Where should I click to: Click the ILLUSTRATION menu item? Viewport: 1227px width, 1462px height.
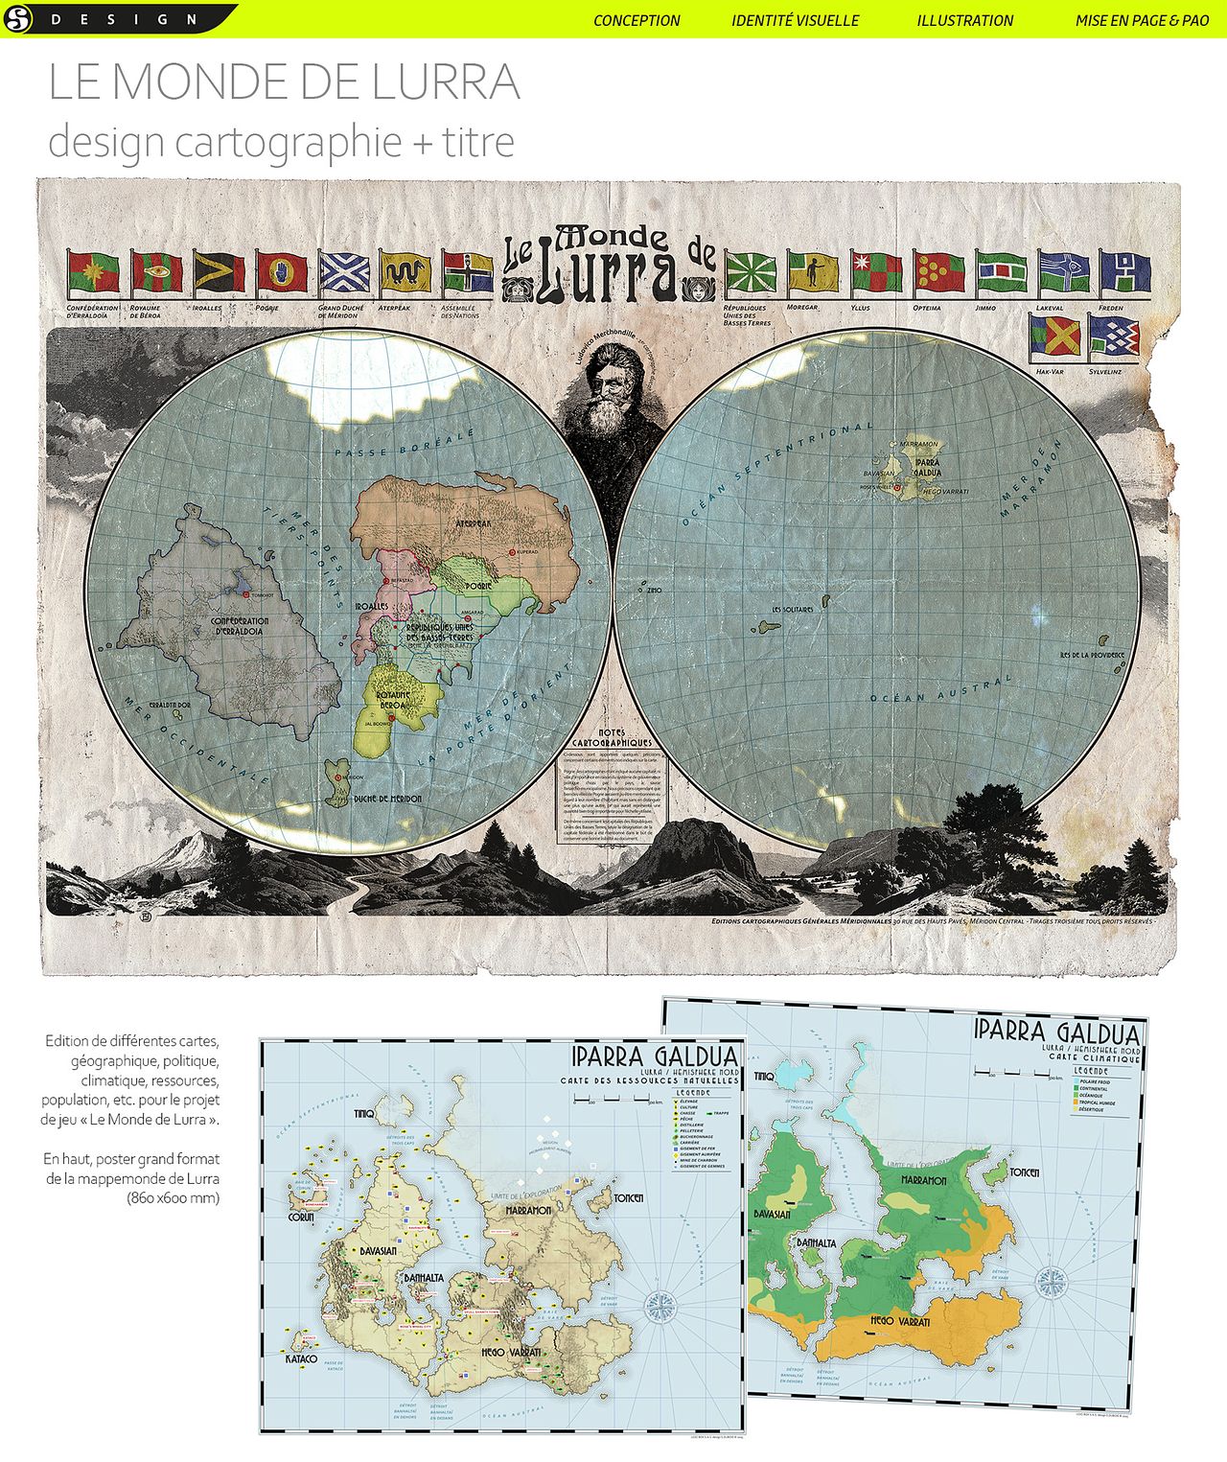pyautogui.click(x=964, y=20)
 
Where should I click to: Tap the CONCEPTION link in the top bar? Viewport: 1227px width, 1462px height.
pyautogui.click(x=637, y=20)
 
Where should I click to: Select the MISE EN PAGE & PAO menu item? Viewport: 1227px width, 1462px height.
pyautogui.click(x=1142, y=20)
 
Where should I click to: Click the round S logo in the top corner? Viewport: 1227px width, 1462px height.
pyautogui.click(x=18, y=18)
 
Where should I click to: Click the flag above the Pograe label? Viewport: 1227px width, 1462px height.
pyautogui.click(x=282, y=274)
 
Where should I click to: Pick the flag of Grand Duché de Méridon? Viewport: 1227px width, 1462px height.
pyautogui.click(x=344, y=274)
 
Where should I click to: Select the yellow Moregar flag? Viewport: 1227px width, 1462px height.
pyautogui.click(x=813, y=273)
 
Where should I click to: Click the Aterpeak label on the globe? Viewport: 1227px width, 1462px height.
pyautogui.click(x=473, y=524)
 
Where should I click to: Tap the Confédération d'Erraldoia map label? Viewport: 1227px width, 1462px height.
pyautogui.click(x=240, y=627)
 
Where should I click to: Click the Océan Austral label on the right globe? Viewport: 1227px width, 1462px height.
pyautogui.click(x=940, y=690)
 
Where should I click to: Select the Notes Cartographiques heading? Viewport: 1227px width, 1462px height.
pyautogui.click(x=612, y=737)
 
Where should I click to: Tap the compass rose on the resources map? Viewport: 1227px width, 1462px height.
pyautogui.click(x=660, y=1306)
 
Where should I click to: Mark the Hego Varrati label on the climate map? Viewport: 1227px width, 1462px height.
pyautogui.click(x=899, y=1321)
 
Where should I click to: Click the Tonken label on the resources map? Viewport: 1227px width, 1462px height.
pyautogui.click(x=628, y=1198)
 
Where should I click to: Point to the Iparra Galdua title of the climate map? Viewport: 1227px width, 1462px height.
pyautogui.click(x=1056, y=1033)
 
